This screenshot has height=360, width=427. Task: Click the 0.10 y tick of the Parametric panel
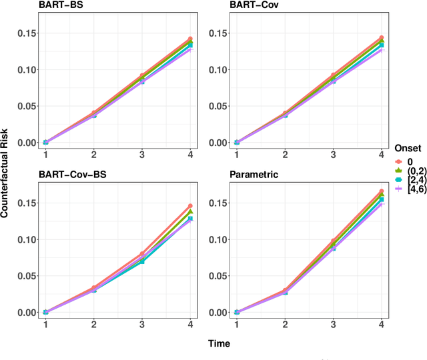(x=216, y=239)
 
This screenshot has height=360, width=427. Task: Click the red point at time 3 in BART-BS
(x=141, y=76)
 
